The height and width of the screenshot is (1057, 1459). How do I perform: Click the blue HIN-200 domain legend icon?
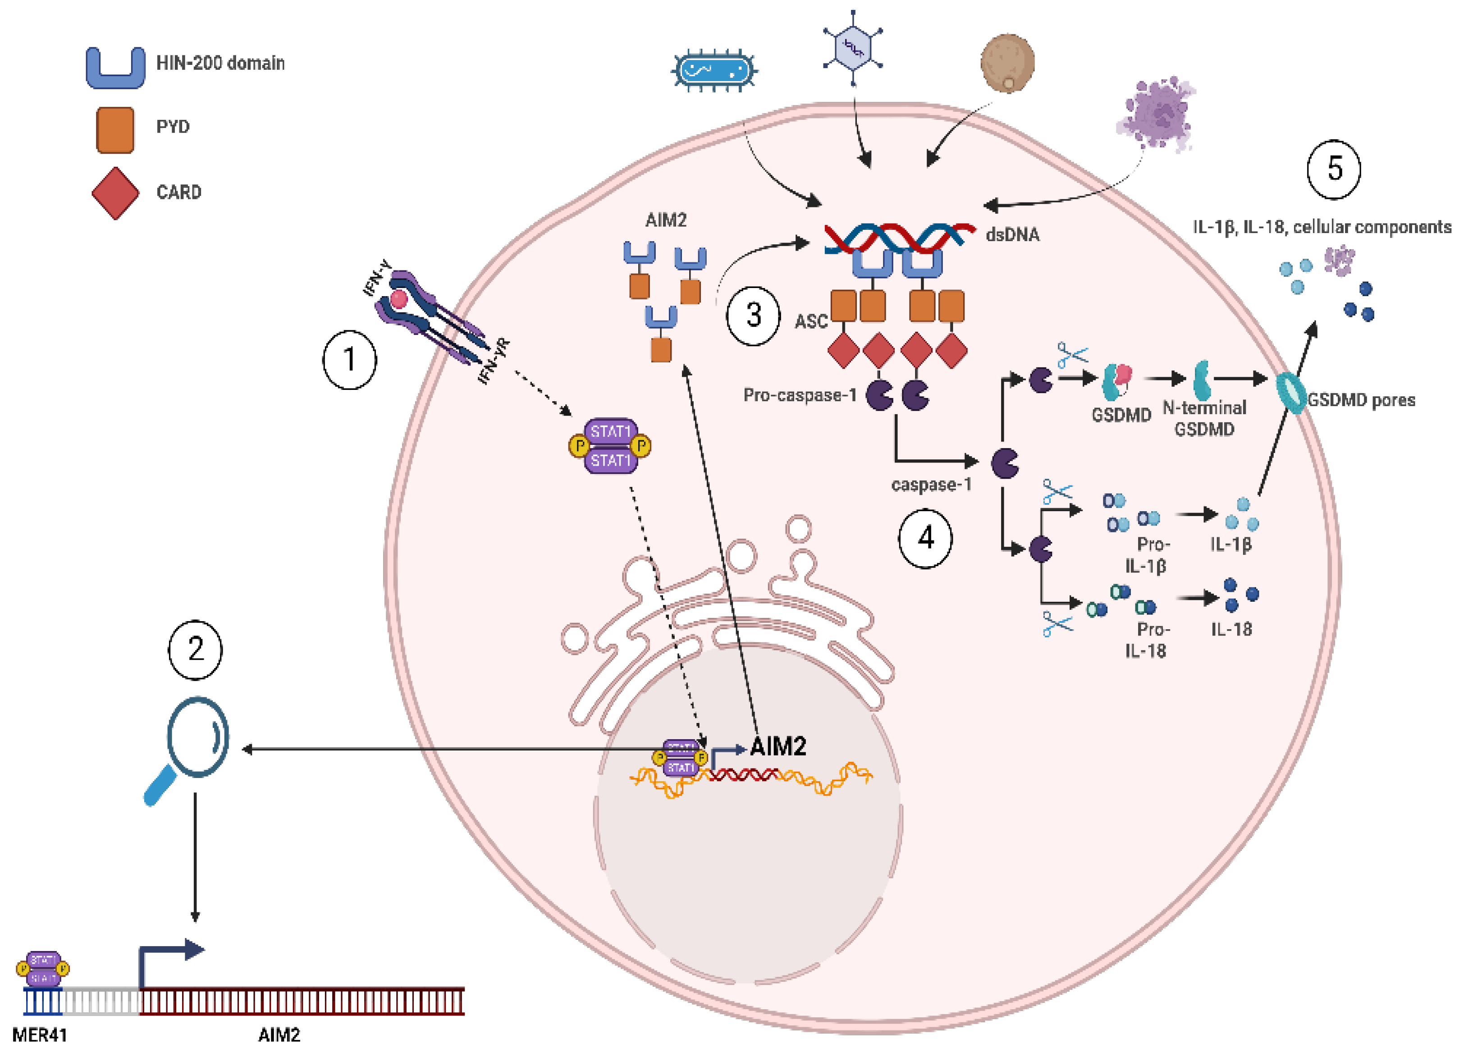[x=116, y=68]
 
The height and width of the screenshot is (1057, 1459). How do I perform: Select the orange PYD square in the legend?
[x=115, y=130]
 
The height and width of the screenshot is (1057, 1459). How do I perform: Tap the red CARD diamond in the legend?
[x=115, y=193]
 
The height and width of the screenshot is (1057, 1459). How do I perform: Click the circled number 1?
[x=349, y=360]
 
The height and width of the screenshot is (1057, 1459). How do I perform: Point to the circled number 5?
[x=1334, y=169]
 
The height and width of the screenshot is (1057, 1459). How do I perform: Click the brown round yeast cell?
[x=1007, y=63]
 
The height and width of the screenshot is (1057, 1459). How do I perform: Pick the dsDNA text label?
[x=1012, y=235]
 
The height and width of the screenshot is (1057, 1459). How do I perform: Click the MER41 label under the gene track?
[x=39, y=1034]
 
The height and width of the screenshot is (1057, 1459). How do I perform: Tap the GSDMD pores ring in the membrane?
[x=1290, y=393]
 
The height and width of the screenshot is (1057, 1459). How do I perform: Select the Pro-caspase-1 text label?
[x=799, y=395]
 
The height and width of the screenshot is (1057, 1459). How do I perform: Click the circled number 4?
[x=925, y=538]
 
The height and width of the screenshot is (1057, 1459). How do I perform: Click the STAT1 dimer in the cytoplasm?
[x=610, y=446]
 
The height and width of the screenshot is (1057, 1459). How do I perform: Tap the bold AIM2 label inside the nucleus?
[x=778, y=746]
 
